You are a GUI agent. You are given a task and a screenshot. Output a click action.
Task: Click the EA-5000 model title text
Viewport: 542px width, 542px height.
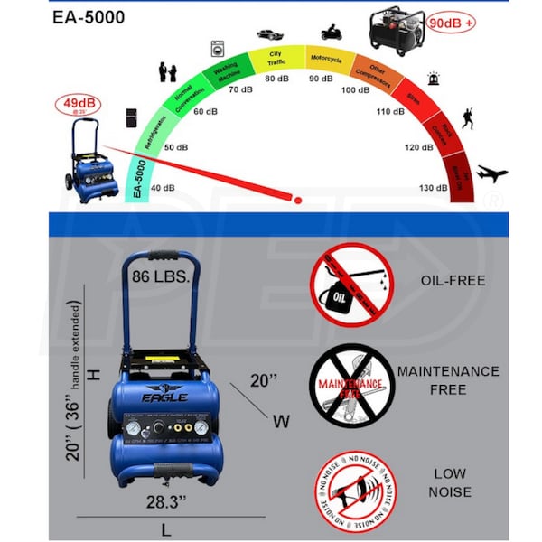[x=89, y=17]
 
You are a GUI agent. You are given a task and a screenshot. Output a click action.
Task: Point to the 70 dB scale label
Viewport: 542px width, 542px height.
[x=239, y=90]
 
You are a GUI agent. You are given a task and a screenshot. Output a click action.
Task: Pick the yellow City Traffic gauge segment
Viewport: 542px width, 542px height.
[x=275, y=59]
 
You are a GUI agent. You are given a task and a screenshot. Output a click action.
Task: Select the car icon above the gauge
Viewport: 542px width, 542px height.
[x=269, y=33]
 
